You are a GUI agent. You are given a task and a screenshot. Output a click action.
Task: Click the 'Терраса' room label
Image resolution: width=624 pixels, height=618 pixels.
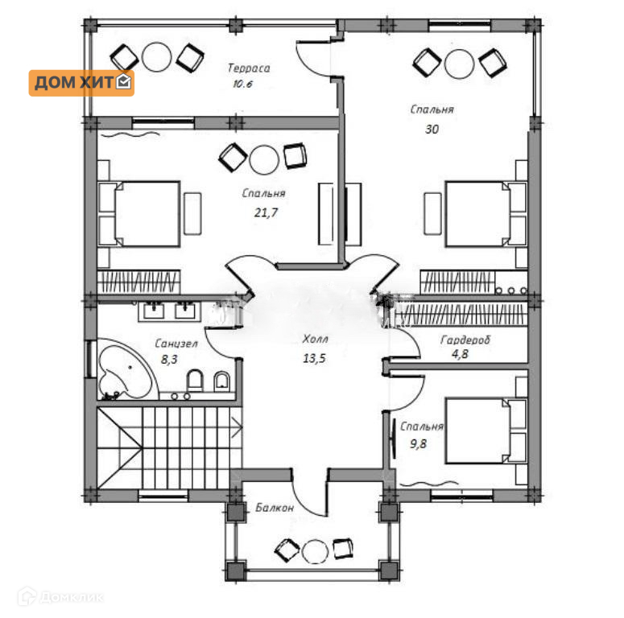click(x=249, y=68)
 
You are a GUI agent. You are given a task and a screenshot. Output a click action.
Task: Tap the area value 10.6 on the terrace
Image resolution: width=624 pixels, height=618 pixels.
click(x=242, y=84)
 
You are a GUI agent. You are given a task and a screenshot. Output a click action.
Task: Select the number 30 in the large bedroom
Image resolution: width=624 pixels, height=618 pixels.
click(x=432, y=130)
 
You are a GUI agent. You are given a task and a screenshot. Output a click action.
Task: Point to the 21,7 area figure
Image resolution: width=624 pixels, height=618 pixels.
click(x=266, y=212)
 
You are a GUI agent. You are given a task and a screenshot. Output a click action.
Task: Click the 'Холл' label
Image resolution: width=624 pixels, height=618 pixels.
click(x=315, y=339)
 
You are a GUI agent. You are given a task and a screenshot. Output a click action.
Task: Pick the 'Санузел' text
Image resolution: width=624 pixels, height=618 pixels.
click(x=176, y=344)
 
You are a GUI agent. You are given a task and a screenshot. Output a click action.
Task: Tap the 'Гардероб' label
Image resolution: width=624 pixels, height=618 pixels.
click(x=465, y=340)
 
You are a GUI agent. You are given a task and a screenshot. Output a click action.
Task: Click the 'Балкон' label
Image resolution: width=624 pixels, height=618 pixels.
click(x=275, y=508)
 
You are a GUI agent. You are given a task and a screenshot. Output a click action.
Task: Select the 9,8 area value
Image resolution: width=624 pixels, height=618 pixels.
click(x=418, y=443)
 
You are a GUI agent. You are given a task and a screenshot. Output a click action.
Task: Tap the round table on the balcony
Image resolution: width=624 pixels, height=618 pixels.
click(x=315, y=551)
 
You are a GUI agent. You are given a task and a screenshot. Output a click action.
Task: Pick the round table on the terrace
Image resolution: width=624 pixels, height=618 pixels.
click(x=156, y=56)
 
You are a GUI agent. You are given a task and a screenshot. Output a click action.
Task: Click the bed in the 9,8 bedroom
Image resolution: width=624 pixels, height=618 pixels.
click(x=486, y=430)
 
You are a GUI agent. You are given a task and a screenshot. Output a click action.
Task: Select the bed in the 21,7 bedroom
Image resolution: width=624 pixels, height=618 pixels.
click(x=139, y=214)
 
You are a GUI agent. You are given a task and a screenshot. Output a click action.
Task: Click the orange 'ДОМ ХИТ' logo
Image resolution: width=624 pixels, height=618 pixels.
click(x=81, y=83)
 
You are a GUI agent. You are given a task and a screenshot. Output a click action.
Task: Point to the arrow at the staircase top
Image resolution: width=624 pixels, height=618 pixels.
click(x=237, y=427)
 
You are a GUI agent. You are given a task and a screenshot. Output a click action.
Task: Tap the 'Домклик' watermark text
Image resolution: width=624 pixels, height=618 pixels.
click(x=72, y=597)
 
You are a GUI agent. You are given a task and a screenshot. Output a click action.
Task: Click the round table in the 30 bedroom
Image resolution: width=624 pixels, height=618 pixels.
click(x=459, y=64)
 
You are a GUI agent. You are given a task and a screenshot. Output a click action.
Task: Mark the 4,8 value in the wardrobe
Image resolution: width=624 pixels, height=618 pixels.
click(x=460, y=353)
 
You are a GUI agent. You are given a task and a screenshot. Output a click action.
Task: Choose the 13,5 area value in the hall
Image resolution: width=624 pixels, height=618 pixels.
click(x=314, y=358)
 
